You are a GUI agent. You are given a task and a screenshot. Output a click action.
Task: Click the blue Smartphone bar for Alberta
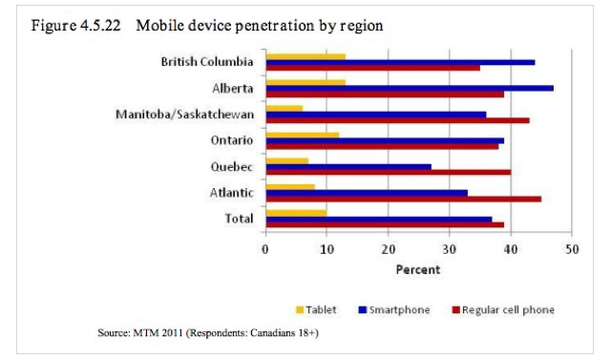(410, 89)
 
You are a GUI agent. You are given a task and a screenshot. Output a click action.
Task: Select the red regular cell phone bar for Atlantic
(404, 199)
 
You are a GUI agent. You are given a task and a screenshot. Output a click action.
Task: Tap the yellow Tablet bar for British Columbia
(305, 57)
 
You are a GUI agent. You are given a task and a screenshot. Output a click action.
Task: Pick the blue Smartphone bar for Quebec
(348, 167)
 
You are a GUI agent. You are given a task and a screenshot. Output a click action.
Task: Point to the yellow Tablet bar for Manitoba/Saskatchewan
(284, 109)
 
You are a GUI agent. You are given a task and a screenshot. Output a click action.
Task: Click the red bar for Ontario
(382, 146)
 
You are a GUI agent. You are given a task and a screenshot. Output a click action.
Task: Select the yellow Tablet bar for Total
(297, 213)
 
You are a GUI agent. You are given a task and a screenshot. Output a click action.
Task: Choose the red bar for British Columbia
(373, 68)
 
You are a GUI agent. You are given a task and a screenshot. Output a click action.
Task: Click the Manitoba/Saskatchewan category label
(184, 115)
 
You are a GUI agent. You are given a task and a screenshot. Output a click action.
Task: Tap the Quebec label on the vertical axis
(232, 167)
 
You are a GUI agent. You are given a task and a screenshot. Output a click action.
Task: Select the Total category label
(239, 219)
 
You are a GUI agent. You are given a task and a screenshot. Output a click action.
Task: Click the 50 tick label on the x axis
(572, 249)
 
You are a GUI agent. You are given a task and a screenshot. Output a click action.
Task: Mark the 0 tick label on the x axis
(265, 249)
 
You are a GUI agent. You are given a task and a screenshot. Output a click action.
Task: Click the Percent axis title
(418, 269)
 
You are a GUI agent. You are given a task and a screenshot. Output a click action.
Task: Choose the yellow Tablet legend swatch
(300, 310)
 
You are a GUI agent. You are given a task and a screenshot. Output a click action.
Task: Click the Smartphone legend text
(399, 310)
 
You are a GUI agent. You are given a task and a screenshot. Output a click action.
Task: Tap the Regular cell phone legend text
(508, 310)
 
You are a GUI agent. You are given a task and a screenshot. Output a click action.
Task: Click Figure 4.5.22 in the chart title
(76, 26)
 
